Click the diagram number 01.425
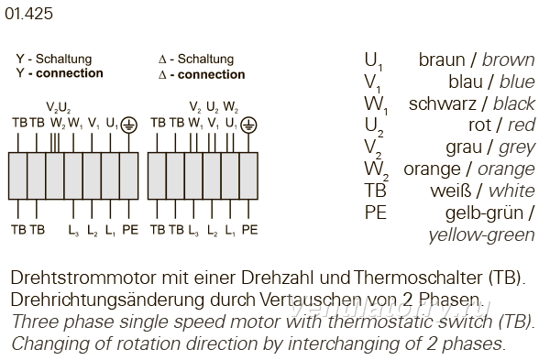point(28,14)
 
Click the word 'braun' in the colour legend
point(442,60)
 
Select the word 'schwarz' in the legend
point(443,104)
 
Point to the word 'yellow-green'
point(481,235)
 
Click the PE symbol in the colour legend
point(376,213)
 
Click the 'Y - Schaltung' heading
point(54,59)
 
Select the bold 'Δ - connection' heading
point(202,75)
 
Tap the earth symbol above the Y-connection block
point(128,125)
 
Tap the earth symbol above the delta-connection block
point(248,125)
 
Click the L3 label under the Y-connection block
point(73,231)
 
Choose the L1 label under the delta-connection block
point(230,231)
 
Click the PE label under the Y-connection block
point(130,230)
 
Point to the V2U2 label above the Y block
point(59,107)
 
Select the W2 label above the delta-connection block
point(230,107)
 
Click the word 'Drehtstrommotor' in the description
point(82,278)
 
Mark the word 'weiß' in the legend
point(451,191)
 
